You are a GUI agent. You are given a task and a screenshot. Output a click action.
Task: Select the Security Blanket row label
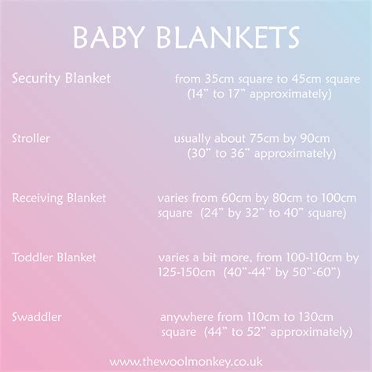[x=61, y=78]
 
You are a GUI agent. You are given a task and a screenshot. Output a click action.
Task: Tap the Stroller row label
[x=31, y=138]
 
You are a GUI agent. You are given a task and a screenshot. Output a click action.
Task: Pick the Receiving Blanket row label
[x=59, y=198]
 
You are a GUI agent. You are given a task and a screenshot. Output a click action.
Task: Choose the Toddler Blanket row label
[x=54, y=257]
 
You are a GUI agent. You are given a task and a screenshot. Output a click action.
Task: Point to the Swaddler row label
[x=37, y=316]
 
